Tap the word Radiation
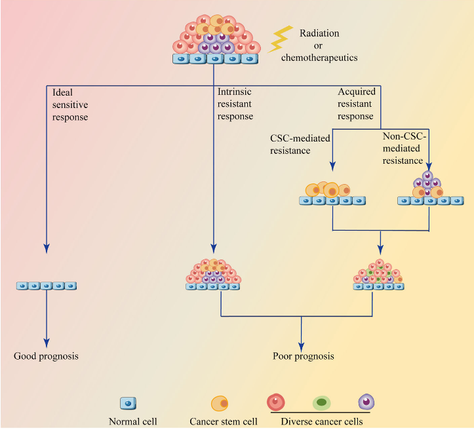319,33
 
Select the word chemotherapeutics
319,58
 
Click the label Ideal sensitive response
69,105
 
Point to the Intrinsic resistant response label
235,105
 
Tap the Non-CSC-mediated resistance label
404,148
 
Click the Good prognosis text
46,356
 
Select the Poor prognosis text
303,356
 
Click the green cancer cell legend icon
321,403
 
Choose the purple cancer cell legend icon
366,402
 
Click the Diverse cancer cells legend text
321,422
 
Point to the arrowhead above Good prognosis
47,341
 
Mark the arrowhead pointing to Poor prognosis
302,345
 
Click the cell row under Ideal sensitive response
47,286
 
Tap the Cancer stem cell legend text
224,422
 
